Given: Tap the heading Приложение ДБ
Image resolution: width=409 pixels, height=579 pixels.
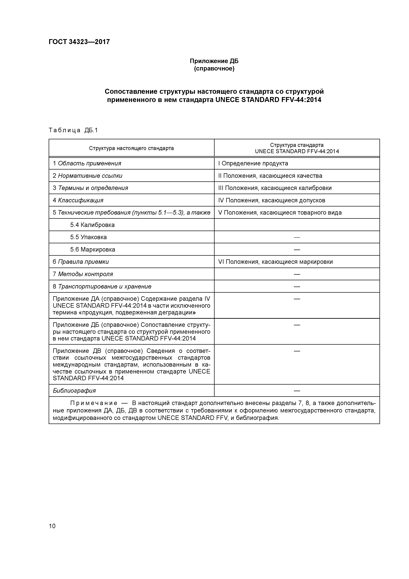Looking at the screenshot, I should (214, 61).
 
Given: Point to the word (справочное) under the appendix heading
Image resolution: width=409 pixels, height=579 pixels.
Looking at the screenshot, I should (214, 69).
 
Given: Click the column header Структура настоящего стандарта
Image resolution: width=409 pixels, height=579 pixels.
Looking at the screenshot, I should (131, 148).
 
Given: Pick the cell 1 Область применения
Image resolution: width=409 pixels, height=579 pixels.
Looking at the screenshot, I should (87, 163).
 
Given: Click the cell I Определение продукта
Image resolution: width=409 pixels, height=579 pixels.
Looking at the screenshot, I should (253, 163).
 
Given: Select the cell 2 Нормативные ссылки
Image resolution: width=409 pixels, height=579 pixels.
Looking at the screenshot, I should (87, 176).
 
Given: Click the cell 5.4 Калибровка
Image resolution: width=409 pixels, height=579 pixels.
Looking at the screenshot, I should (92, 225).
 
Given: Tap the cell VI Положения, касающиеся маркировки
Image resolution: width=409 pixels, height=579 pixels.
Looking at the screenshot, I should (275, 262).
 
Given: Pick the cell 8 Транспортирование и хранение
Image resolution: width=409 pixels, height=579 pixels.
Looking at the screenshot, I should (102, 287).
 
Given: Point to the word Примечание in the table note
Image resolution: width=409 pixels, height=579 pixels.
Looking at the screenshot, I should (94, 403).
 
